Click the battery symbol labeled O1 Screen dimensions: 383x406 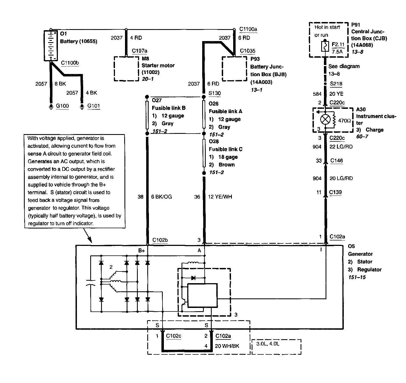pyautogui.click(x=51, y=45)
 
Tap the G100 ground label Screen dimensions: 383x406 pyautogui.click(x=62, y=106)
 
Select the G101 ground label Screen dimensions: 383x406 pyautogui.click(x=93, y=106)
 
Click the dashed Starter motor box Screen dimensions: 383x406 pyautogui.click(x=126, y=69)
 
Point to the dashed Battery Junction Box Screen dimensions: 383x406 pyautogui.click(x=234, y=69)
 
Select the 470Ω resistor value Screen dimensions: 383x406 pyautogui.click(x=345, y=120)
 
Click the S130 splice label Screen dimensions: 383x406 pyautogui.click(x=214, y=93)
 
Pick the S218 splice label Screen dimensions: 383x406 pyautogui.click(x=336, y=84)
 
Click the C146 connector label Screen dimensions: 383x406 pyautogui.click(x=336, y=161)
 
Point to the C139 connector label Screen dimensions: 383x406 pyautogui.click(x=335, y=192)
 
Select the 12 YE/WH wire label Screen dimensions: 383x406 pyautogui.click(x=220, y=197)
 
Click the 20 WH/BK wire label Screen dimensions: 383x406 pyautogui.click(x=227, y=346)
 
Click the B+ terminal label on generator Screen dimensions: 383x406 pyautogui.click(x=141, y=251)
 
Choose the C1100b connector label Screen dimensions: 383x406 pyautogui.click(x=70, y=63)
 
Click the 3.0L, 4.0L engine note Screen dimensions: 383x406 pyautogui.click(x=268, y=344)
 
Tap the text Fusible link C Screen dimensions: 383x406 pyautogui.click(x=226, y=149)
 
